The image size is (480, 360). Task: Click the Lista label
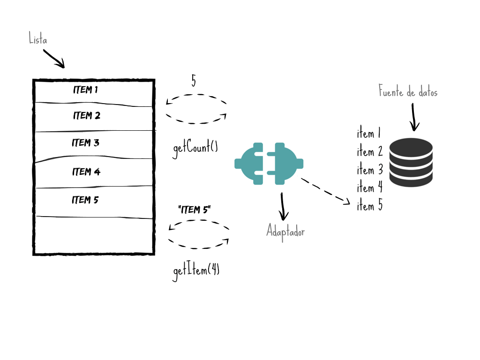click(38, 38)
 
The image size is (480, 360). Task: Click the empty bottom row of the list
click(94, 235)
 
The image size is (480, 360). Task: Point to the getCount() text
click(195, 148)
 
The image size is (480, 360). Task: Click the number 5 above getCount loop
click(194, 81)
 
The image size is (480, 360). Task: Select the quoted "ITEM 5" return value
click(195, 210)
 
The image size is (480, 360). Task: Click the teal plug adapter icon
click(269, 164)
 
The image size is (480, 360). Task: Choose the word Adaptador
click(285, 232)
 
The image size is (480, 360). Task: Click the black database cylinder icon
click(411, 162)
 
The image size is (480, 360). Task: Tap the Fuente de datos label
click(408, 91)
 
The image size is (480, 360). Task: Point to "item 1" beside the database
click(368, 134)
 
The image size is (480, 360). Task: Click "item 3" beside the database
click(370, 170)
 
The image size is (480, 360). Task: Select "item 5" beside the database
click(370, 205)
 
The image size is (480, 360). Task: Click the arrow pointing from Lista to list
click(54, 59)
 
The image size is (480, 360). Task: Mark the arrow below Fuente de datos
click(413, 117)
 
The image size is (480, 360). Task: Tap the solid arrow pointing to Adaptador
click(283, 206)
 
